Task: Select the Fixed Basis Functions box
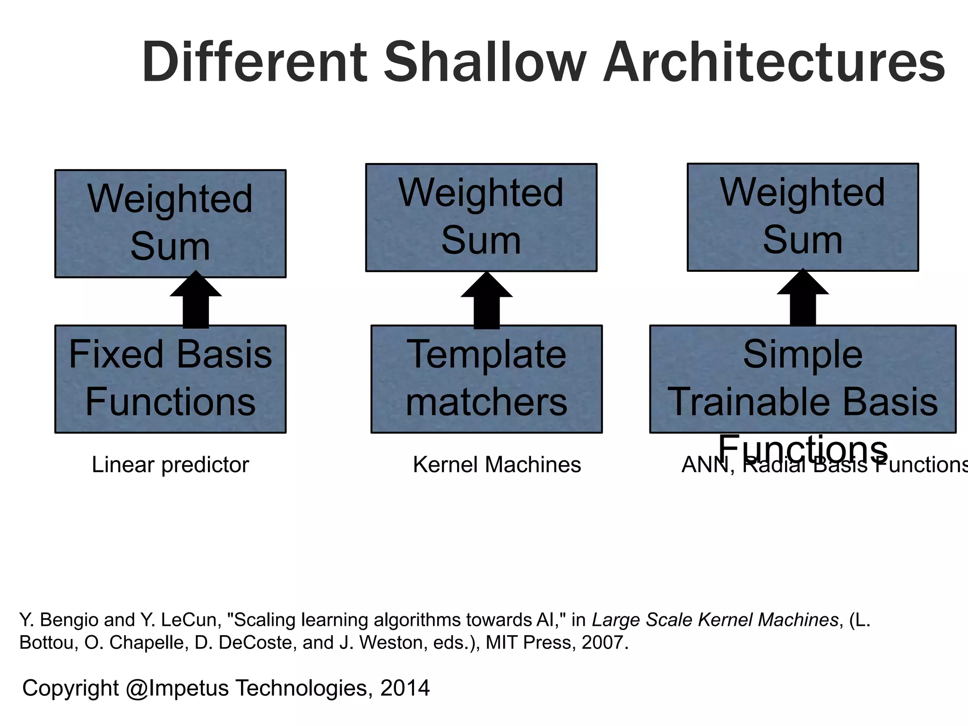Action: [x=170, y=379]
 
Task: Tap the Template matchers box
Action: [x=486, y=379]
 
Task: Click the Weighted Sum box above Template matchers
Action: [x=481, y=217]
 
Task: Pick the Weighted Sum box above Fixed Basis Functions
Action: [x=170, y=223]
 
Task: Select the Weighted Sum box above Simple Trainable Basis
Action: [x=803, y=217]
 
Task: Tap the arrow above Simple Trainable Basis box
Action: [x=803, y=299]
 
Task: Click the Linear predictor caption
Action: [x=170, y=465]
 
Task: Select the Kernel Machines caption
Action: [x=497, y=465]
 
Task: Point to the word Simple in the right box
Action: [x=803, y=354]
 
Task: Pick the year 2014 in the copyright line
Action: [x=405, y=688]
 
